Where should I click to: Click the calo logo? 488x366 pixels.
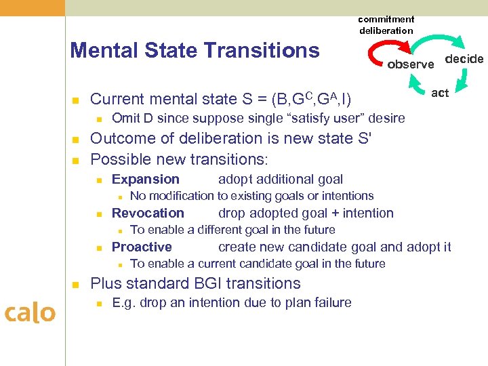(30, 312)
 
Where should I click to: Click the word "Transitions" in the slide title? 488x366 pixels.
(265, 50)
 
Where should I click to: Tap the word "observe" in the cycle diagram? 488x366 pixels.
(411, 65)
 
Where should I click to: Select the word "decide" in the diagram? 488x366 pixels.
(464, 59)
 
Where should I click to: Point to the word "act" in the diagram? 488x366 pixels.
(440, 93)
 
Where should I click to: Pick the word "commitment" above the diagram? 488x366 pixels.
(386, 19)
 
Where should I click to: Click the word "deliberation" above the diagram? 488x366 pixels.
(386, 30)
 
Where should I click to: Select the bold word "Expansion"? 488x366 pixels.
(146, 180)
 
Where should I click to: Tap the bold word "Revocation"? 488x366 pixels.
(148, 213)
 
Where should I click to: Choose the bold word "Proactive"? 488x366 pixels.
(142, 247)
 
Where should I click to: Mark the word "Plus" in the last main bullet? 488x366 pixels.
(104, 283)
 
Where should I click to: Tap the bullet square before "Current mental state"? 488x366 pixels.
(76, 100)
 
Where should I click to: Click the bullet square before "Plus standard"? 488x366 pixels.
(76, 284)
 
